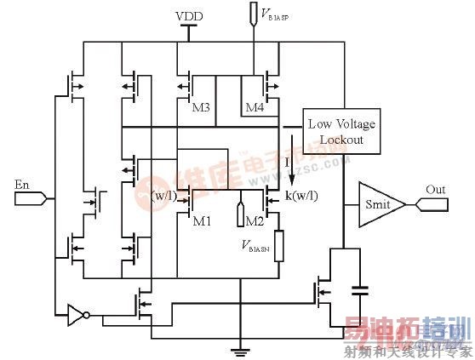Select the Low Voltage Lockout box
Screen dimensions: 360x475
340,131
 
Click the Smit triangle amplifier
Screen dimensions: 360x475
374,204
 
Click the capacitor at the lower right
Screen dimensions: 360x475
358,289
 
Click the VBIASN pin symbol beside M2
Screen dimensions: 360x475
242,208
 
